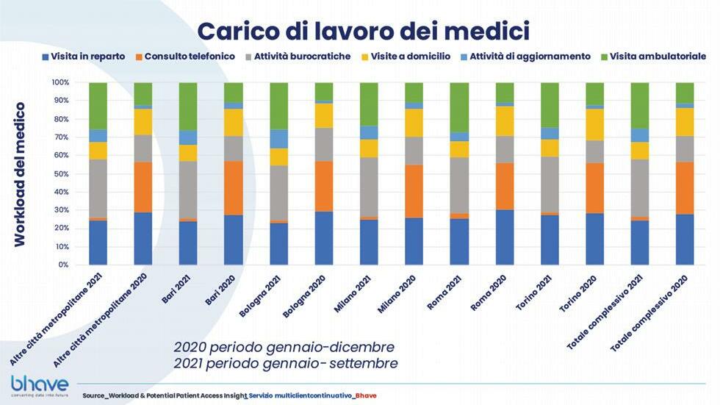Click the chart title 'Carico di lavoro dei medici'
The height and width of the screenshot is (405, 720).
364,31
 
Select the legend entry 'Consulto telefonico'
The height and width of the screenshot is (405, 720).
190,57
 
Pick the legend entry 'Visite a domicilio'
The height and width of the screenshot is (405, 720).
411,57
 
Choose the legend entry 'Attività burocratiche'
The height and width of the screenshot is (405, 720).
301,57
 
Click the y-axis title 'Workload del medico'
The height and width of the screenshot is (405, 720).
20,174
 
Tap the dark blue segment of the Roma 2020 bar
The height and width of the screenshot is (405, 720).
505,237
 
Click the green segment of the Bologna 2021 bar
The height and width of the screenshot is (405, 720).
278,106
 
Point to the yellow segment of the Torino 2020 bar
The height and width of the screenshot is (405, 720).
596,124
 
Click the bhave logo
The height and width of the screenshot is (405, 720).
39,385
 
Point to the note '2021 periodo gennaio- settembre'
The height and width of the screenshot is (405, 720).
285,364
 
